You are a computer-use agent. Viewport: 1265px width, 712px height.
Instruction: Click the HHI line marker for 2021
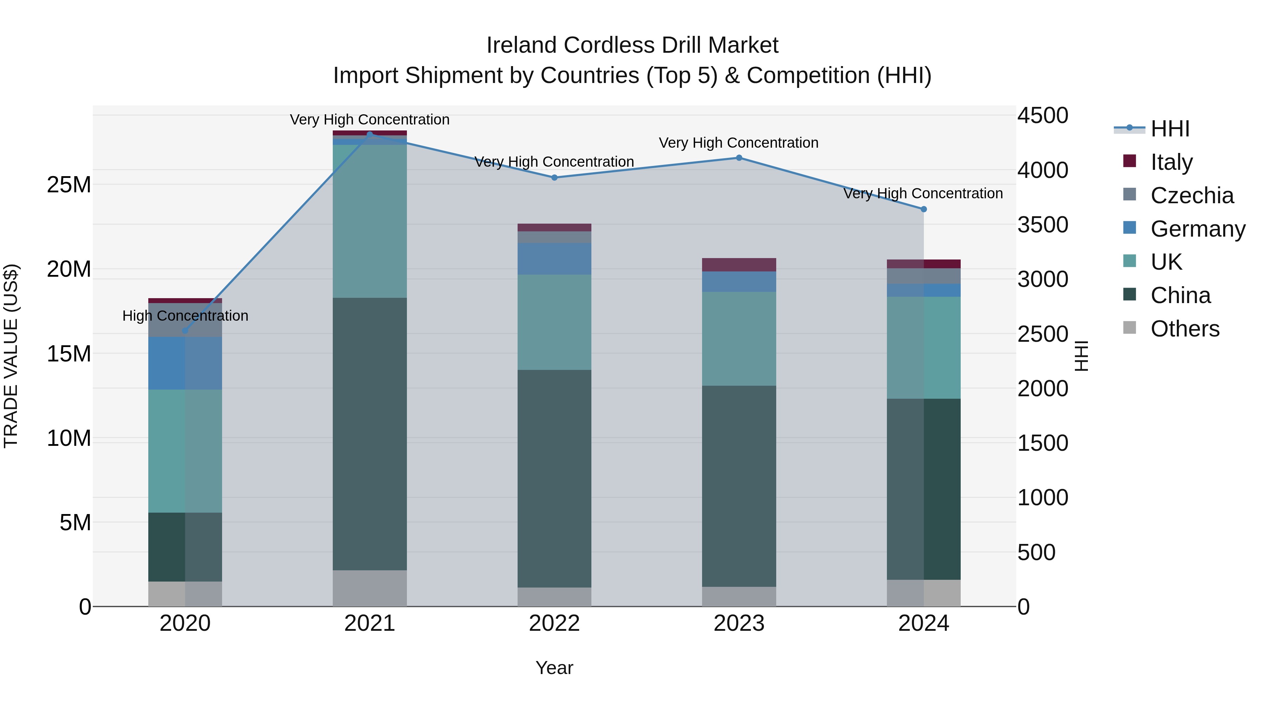point(370,134)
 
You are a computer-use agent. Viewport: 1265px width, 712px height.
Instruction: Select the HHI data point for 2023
point(739,158)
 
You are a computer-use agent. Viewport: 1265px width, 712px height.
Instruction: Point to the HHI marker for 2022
point(554,178)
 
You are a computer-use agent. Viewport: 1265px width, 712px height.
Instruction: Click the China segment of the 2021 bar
point(370,432)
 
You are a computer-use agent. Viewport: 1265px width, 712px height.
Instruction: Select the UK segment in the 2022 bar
point(554,322)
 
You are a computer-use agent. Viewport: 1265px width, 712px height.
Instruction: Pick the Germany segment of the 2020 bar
point(185,363)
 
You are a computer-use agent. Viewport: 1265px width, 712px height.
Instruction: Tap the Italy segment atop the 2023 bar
point(739,265)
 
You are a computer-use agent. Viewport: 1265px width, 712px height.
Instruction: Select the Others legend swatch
point(1129,328)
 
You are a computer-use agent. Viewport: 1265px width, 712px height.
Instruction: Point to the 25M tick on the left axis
point(69,185)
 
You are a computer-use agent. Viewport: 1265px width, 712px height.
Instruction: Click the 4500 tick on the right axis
point(1043,116)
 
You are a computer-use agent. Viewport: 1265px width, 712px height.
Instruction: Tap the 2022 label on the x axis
point(554,623)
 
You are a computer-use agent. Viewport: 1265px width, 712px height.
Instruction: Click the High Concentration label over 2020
point(185,315)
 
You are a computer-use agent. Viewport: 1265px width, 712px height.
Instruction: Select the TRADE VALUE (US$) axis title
point(11,356)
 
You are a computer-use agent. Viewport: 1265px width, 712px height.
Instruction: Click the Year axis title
point(554,668)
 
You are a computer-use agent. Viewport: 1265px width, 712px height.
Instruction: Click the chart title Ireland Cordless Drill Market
point(632,45)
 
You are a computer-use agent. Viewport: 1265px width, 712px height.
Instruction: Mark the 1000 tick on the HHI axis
point(1043,498)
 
